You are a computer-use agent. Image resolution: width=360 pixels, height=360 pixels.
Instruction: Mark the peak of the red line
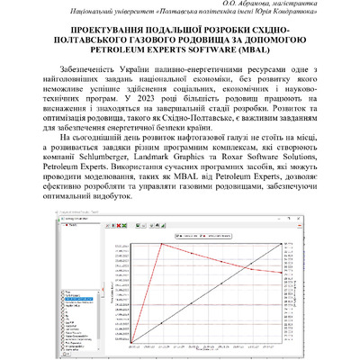(163, 244)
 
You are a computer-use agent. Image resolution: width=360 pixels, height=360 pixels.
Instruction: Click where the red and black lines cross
(206, 280)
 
